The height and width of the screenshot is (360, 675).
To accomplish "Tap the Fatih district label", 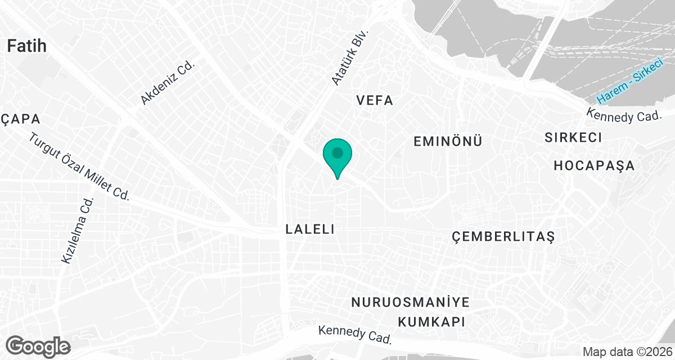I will click(x=26, y=46).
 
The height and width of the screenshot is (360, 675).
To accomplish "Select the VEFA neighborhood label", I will click(x=375, y=101).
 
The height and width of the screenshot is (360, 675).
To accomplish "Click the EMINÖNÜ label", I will click(x=448, y=141).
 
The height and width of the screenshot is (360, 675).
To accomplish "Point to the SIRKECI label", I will click(x=573, y=137).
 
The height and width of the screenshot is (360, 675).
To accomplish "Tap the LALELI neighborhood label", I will click(x=310, y=229).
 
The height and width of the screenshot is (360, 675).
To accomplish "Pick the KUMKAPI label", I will click(x=431, y=322).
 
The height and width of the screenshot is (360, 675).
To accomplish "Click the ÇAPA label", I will click(x=20, y=119).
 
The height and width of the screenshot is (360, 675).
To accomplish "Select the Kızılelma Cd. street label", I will click(x=77, y=231).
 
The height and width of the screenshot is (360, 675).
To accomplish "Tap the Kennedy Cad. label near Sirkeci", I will click(x=623, y=116).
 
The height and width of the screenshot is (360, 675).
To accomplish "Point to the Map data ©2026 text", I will click(x=627, y=352).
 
